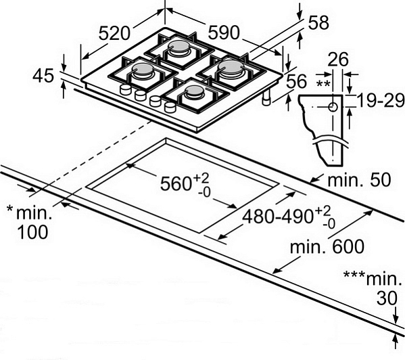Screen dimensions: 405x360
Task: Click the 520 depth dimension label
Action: click(x=114, y=33)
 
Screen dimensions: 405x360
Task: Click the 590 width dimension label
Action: click(x=224, y=32)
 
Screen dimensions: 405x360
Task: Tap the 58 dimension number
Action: click(x=318, y=22)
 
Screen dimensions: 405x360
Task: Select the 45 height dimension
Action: click(x=43, y=76)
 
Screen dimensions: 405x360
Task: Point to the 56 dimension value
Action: click(x=296, y=81)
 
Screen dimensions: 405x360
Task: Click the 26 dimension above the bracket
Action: click(x=338, y=59)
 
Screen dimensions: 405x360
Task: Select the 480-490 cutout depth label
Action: click(x=277, y=217)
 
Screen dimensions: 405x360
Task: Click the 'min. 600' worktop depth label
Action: click(x=327, y=247)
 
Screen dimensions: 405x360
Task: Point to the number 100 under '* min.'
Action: click(x=32, y=232)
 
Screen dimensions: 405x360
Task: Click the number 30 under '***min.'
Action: click(x=387, y=298)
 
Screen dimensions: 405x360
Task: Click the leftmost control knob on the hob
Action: click(x=126, y=89)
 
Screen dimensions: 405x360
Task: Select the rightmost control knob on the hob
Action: click(x=170, y=106)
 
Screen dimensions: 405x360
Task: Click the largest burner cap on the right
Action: click(x=231, y=67)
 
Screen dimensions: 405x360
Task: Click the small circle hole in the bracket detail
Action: click(x=333, y=107)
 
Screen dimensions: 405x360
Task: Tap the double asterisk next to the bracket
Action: click(x=323, y=84)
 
